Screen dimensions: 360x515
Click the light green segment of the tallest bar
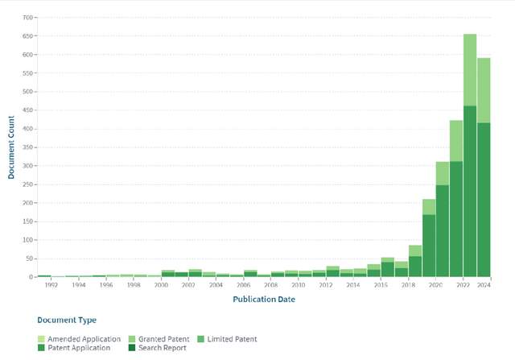[x=470, y=69]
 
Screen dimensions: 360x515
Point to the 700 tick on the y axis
[x=28, y=18]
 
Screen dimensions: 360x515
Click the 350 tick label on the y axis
[x=28, y=147]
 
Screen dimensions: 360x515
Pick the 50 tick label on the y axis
[x=30, y=259]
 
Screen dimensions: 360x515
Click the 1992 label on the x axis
[x=51, y=285]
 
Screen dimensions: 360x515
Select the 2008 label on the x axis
[x=271, y=285]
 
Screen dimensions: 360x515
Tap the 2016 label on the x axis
[x=381, y=285]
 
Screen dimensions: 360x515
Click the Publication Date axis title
[x=263, y=299]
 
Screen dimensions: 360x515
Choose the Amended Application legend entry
[x=84, y=339]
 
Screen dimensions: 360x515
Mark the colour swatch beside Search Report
[x=130, y=348]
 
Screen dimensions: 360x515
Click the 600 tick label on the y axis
[x=28, y=55]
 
